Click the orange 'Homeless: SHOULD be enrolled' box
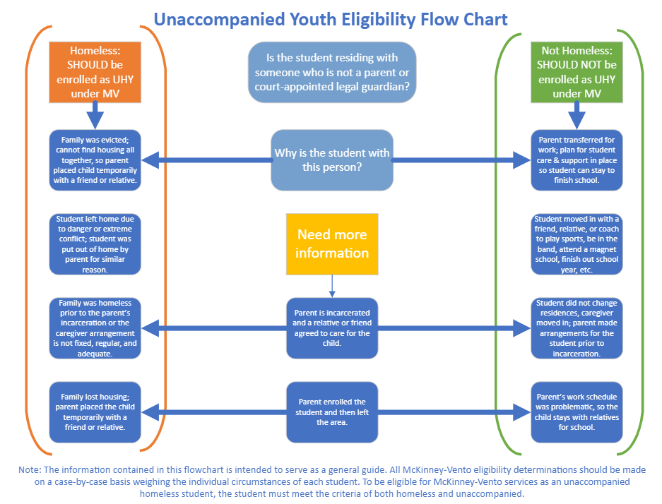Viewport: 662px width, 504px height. [x=95, y=72]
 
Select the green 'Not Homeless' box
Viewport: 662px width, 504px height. [x=577, y=72]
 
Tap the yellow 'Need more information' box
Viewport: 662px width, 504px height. [x=332, y=244]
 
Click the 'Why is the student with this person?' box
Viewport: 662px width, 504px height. [x=332, y=160]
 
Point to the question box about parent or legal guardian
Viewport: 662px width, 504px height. [x=332, y=72]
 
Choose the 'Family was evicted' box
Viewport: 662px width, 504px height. [x=95, y=160]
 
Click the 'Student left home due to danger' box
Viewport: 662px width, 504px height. [x=95, y=244]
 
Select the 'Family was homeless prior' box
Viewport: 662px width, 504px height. [x=95, y=328]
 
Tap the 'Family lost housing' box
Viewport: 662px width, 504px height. [x=95, y=412]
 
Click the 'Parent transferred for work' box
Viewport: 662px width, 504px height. [x=577, y=160]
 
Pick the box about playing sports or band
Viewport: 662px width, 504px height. [x=577, y=244]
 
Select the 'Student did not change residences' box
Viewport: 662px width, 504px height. [x=577, y=328]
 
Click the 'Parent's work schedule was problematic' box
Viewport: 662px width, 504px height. [x=577, y=412]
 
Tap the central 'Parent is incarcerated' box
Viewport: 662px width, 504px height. [x=332, y=328]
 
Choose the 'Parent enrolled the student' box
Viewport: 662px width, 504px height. [x=332, y=412]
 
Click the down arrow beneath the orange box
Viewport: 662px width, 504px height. [x=95, y=116]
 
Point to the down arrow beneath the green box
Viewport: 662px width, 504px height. [x=577, y=116]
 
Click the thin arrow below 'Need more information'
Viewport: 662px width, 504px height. [x=332, y=286]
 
